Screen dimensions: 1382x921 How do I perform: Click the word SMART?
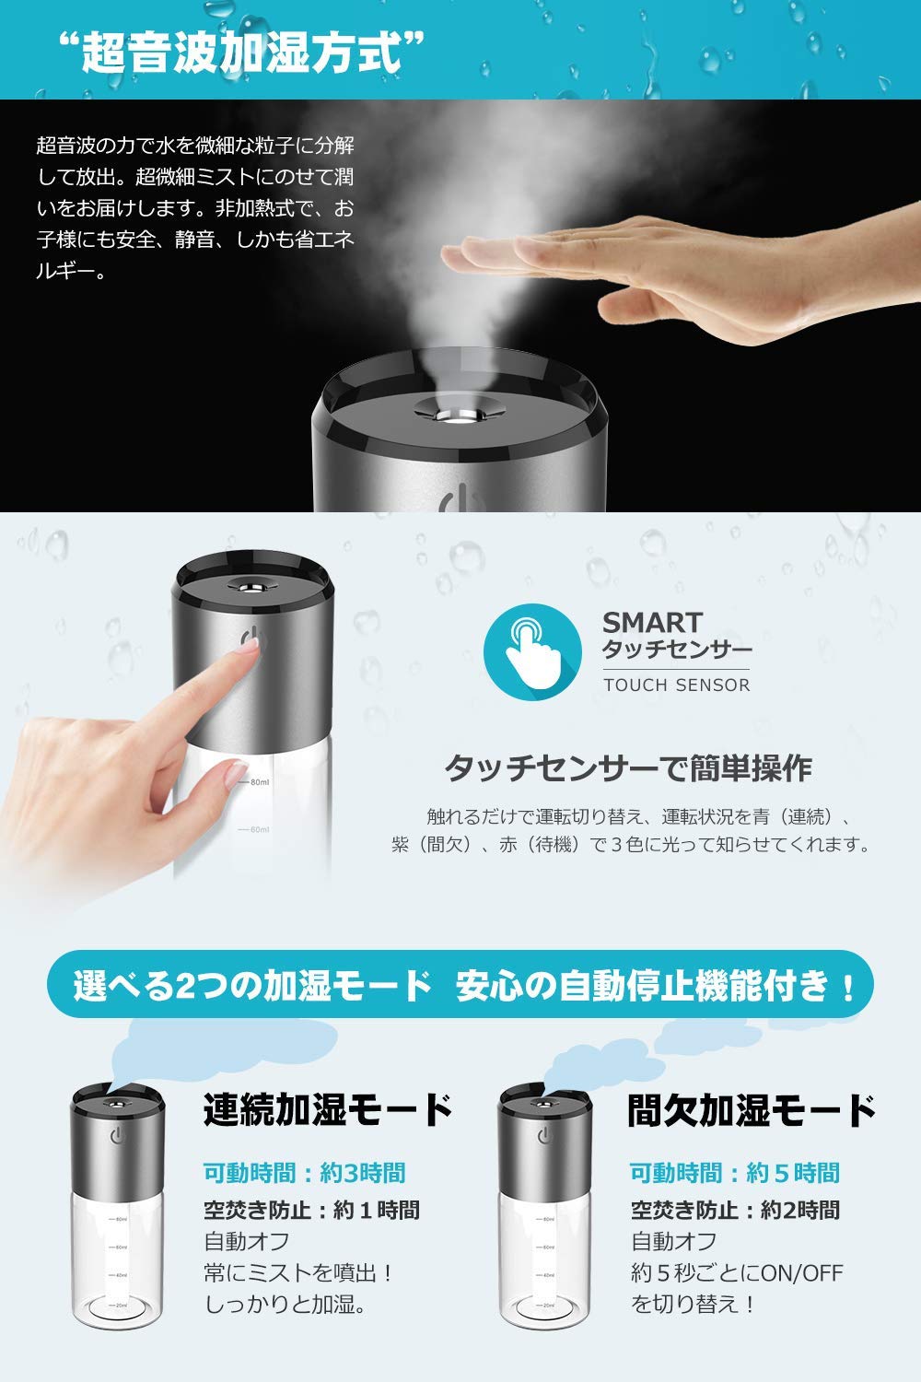tap(652, 623)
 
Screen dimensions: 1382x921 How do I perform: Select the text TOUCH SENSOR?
tap(676, 685)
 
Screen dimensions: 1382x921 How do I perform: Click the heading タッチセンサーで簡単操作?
tap(628, 767)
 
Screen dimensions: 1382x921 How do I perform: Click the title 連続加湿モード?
tap(328, 1109)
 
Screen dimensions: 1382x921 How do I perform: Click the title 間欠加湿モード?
tap(751, 1109)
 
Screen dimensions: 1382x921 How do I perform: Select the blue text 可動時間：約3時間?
tap(304, 1173)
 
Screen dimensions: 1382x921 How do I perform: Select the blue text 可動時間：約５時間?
tap(734, 1173)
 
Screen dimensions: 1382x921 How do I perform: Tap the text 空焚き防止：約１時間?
tap(311, 1209)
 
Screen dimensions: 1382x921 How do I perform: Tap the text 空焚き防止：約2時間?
tap(734, 1209)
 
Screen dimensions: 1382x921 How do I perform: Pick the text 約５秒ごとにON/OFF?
tap(737, 1273)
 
